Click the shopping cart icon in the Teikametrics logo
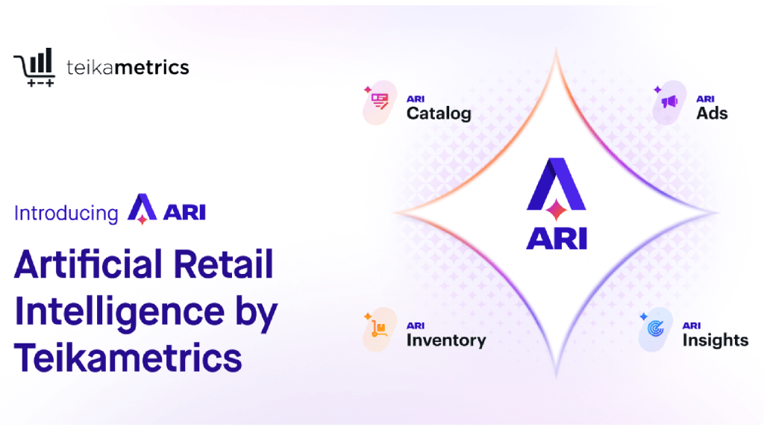[34, 68]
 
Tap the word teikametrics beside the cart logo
[128, 67]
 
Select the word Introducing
[66, 213]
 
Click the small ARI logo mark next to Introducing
[141, 209]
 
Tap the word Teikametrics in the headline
[128, 358]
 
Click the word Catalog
[439, 113]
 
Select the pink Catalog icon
[380, 102]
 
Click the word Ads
[712, 113]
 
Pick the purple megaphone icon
[669, 102]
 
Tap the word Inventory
[445, 340]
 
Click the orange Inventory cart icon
[380, 329]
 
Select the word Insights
[715, 340]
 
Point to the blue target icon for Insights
[656, 329]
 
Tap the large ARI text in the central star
[557, 237]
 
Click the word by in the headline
[254, 311]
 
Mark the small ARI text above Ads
[705, 99]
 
